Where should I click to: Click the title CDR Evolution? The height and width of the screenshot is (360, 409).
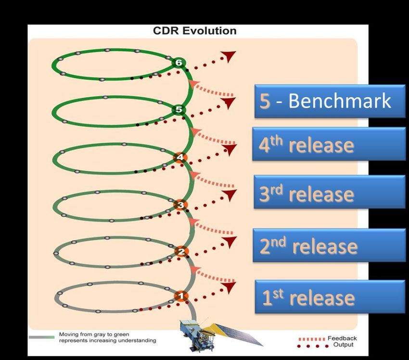[194, 31]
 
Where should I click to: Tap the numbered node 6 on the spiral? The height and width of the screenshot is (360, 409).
[179, 62]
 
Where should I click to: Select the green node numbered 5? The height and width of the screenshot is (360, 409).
[179, 109]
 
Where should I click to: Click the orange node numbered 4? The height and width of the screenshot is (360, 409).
[180, 157]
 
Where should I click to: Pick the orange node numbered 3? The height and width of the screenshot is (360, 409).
[180, 205]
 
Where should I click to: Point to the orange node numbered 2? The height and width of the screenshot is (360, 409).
[181, 252]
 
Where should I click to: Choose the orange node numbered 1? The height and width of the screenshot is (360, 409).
[181, 296]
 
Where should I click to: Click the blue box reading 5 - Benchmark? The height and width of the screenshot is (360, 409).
[330, 101]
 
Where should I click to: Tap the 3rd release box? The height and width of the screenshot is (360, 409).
[330, 192]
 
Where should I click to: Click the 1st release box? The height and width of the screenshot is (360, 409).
[330, 297]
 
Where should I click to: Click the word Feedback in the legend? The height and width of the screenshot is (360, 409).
[342, 338]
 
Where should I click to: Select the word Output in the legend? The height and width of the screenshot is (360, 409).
[343, 345]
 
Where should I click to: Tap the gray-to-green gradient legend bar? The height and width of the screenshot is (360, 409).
[42, 337]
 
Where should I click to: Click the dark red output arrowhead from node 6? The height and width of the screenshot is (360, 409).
[229, 56]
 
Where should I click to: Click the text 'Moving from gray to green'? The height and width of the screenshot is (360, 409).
[94, 334]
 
